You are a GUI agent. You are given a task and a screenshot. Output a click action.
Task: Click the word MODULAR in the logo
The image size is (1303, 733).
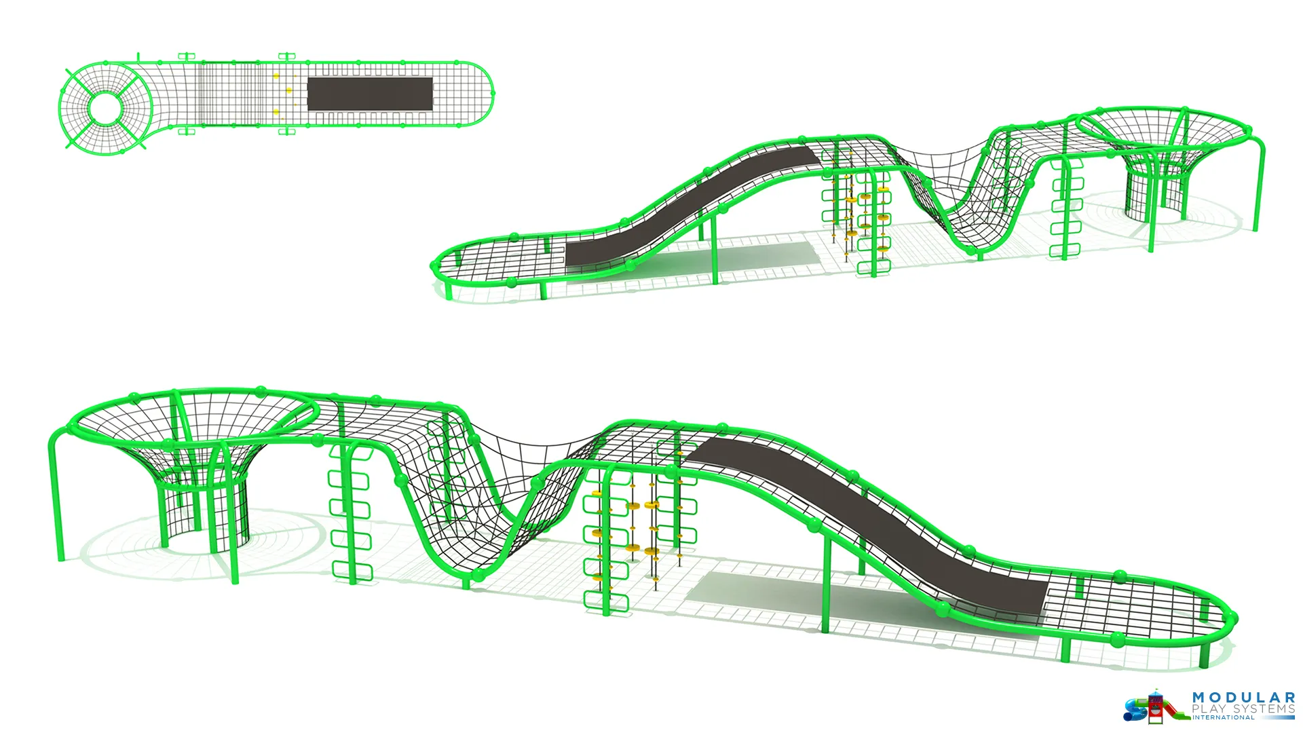tap(1243, 698)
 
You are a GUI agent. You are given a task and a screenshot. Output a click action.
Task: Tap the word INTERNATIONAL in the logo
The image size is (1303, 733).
tap(1224, 717)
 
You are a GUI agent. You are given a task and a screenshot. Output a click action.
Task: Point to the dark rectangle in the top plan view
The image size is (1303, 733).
tap(370, 94)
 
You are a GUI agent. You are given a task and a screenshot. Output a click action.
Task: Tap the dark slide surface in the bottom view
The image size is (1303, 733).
tap(869, 523)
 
